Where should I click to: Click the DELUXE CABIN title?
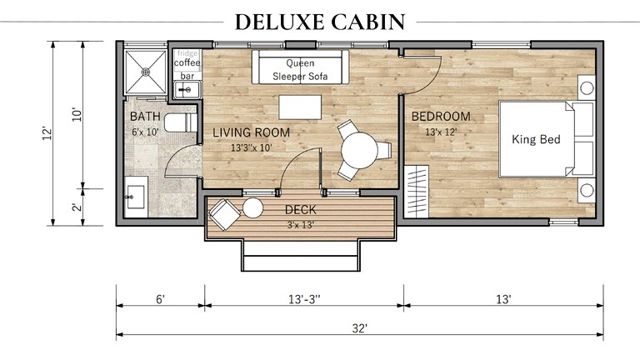[x=320, y=22]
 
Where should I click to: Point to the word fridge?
[x=187, y=52]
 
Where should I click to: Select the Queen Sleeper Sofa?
[x=300, y=69]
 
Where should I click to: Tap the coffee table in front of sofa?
[x=299, y=107]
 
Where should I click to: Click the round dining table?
[x=359, y=151]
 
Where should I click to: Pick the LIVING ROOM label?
[x=251, y=132]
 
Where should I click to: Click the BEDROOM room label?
[x=441, y=116]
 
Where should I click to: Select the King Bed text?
[x=536, y=139]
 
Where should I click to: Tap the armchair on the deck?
[x=223, y=215]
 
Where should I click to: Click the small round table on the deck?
[x=252, y=208]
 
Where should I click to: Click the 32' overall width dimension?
[x=359, y=328]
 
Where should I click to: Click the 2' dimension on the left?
[x=76, y=207]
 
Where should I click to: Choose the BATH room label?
[x=144, y=116]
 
